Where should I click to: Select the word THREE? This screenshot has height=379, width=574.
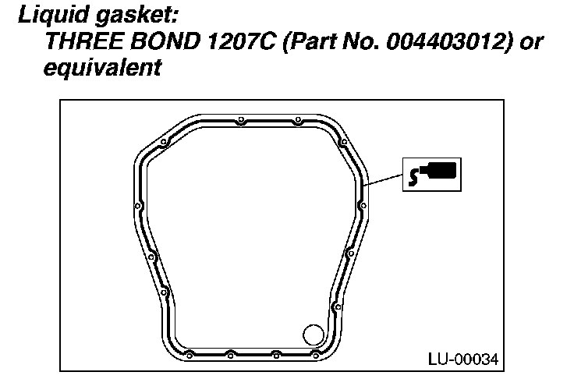(x=84, y=41)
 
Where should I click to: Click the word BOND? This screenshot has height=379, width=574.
(x=165, y=41)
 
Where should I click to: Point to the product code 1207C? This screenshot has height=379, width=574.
(x=241, y=41)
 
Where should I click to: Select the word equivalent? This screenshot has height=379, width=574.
(x=102, y=68)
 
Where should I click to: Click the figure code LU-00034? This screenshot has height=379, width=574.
(x=463, y=360)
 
